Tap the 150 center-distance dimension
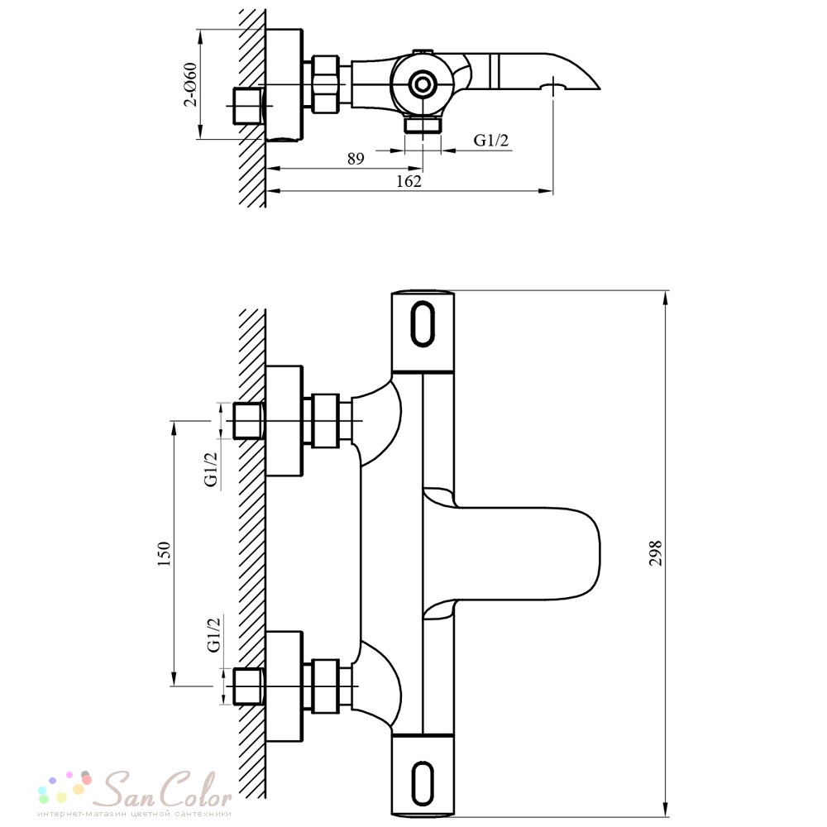coord(164,554)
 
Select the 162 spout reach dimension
coord(409,181)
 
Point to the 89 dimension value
coord(356,158)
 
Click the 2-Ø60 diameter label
coord(190,85)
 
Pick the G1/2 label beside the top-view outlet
coord(491,140)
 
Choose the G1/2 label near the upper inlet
coord(211,470)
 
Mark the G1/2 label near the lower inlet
coord(213,635)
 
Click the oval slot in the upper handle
coord(423,323)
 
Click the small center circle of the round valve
coord(422,84)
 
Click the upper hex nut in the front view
coord(325,420)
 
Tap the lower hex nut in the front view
coord(325,686)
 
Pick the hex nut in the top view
coord(325,84)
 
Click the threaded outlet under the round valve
coord(423,126)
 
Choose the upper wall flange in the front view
coord(284,420)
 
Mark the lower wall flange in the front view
coord(284,686)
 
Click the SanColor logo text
coord(166,790)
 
